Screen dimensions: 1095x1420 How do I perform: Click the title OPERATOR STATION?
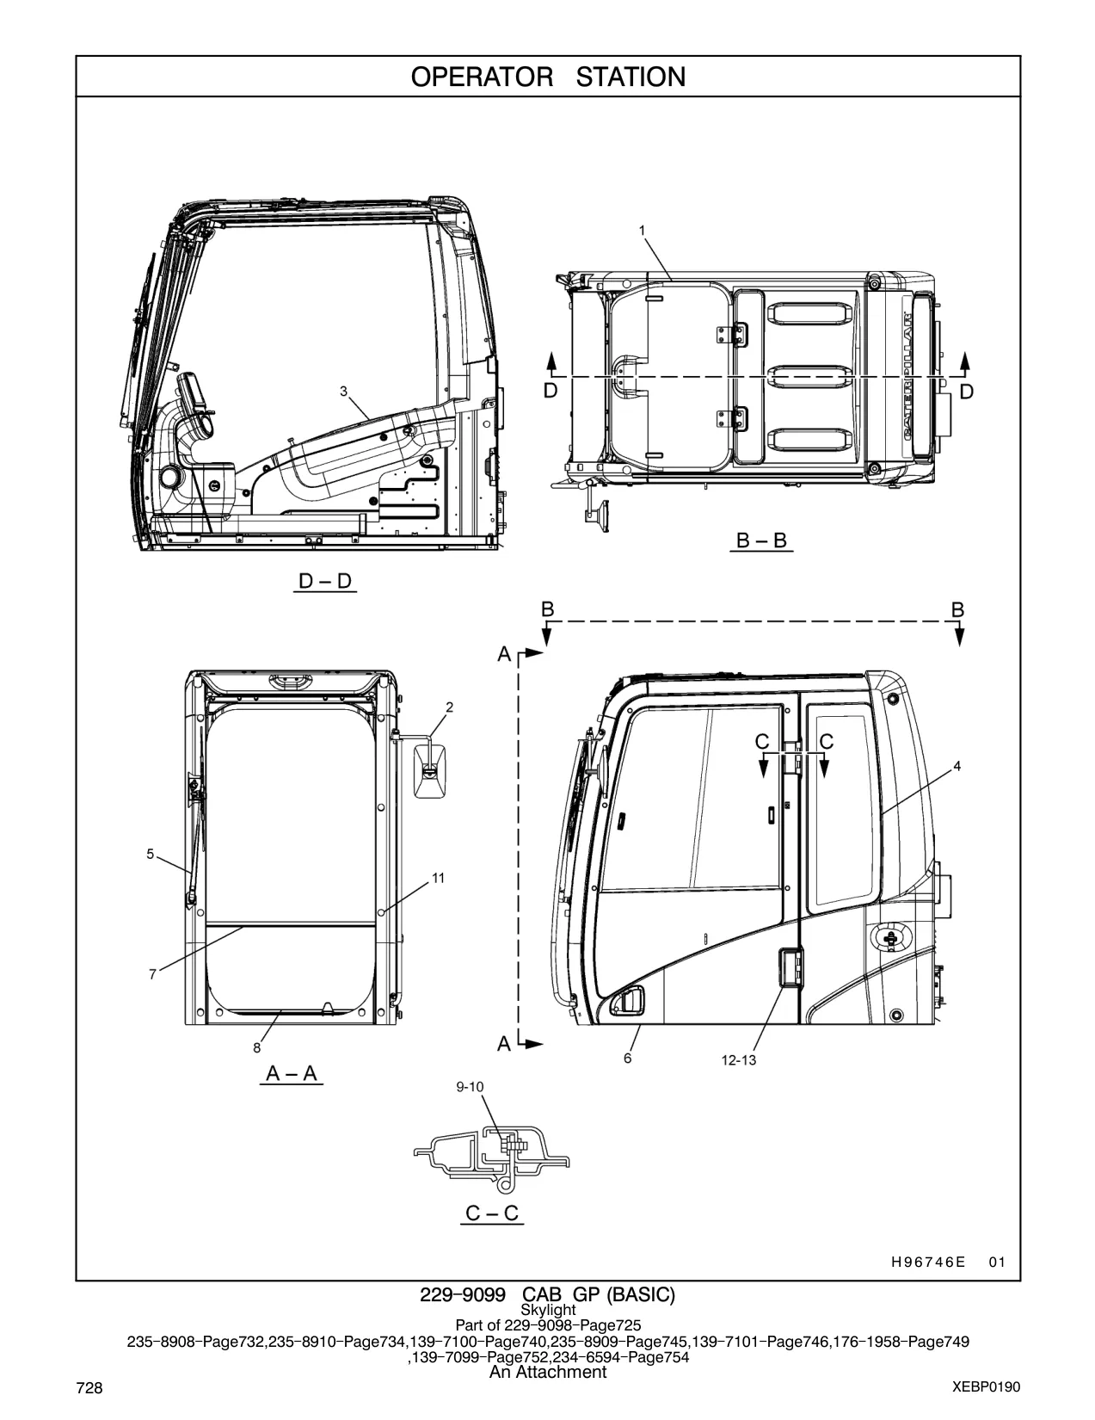point(548,77)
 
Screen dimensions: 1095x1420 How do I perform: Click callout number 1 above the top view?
point(642,231)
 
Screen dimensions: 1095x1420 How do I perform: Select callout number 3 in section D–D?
point(343,392)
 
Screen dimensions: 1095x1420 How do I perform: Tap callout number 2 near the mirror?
point(449,707)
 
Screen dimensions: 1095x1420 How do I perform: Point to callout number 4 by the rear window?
point(957,766)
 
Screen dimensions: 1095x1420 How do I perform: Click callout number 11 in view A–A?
point(438,879)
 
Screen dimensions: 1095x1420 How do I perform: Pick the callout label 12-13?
point(739,1060)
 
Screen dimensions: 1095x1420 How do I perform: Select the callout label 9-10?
point(470,1087)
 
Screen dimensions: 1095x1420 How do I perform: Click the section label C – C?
point(492,1213)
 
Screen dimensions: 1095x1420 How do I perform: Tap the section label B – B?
point(761,540)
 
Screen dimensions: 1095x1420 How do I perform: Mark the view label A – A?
point(292,1073)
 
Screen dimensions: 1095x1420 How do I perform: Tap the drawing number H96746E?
point(928,1262)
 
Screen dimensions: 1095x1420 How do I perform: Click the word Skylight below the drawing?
point(548,1310)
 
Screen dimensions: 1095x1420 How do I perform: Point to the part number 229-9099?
point(462,1294)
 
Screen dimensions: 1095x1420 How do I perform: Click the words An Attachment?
point(548,1372)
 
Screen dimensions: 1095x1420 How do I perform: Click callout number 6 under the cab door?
point(627,1058)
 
